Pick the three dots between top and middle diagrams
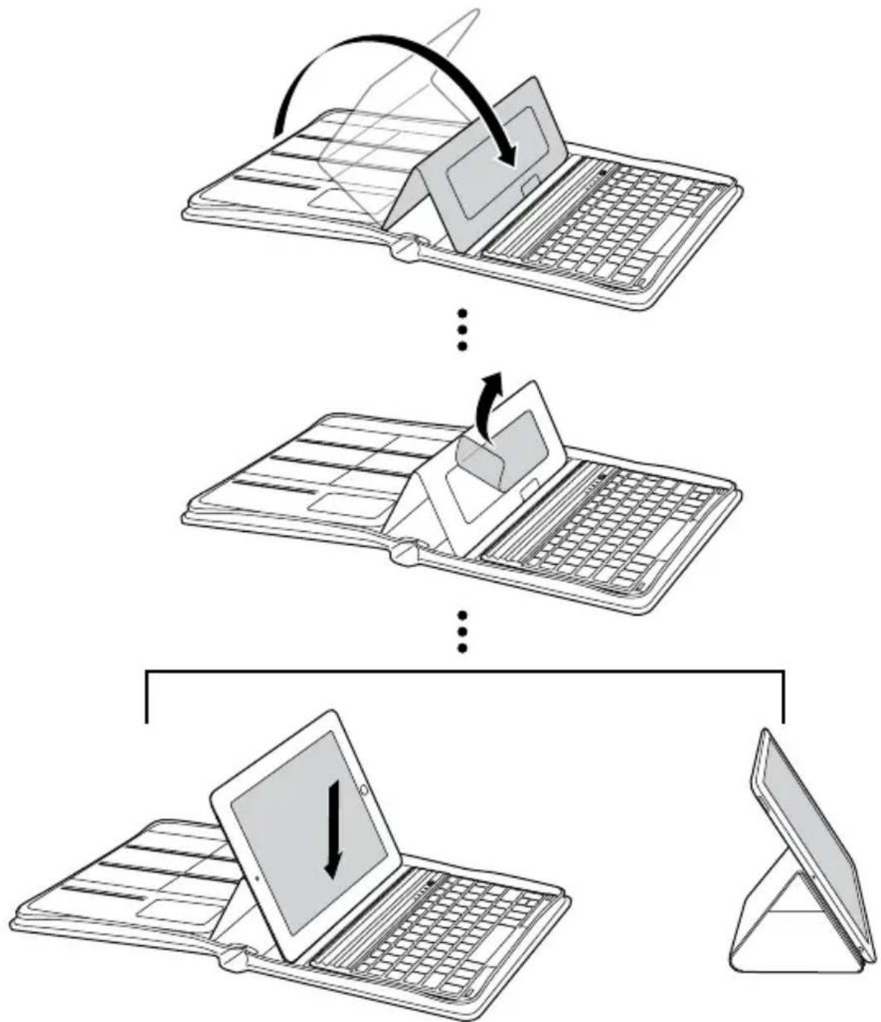[x=462, y=329]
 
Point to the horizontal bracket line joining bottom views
[x=462, y=673]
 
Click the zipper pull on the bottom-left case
[x=235, y=958]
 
